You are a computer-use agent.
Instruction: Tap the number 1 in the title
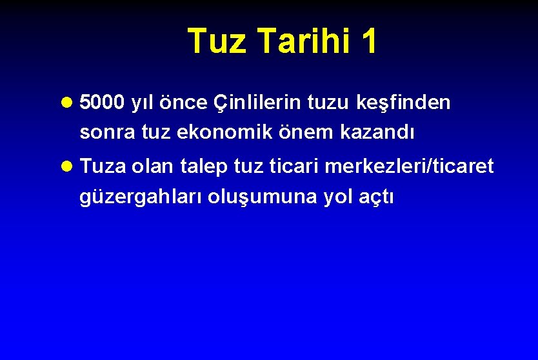click(x=368, y=41)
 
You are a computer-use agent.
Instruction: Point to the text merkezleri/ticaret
click(x=409, y=166)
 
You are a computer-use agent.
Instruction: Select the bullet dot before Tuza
click(x=68, y=167)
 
